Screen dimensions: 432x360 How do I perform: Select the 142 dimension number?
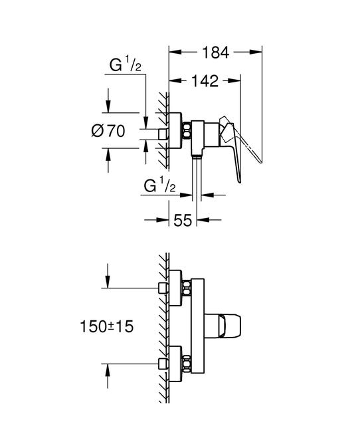205,81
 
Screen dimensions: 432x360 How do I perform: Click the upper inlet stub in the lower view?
161,288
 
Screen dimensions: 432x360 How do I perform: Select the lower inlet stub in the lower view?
161,363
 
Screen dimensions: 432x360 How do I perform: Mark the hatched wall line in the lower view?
165,326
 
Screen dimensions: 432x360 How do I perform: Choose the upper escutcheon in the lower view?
176,288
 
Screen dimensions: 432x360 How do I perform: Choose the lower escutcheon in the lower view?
176,363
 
